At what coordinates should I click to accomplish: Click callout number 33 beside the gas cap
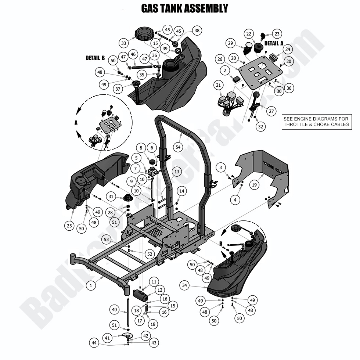123,43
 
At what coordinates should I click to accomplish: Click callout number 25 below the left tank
69,226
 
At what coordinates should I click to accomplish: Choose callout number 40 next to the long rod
114,310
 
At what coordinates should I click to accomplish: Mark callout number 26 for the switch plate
220,59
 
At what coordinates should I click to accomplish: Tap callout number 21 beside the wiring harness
219,85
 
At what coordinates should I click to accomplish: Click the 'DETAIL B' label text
95,58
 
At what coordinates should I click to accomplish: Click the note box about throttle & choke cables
317,122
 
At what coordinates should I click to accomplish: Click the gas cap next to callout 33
143,35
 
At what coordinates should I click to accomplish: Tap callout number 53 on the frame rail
106,240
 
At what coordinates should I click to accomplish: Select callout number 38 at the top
197,31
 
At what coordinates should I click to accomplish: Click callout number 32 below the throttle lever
260,127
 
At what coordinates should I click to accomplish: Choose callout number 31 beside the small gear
111,197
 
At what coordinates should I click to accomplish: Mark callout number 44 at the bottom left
94,343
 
